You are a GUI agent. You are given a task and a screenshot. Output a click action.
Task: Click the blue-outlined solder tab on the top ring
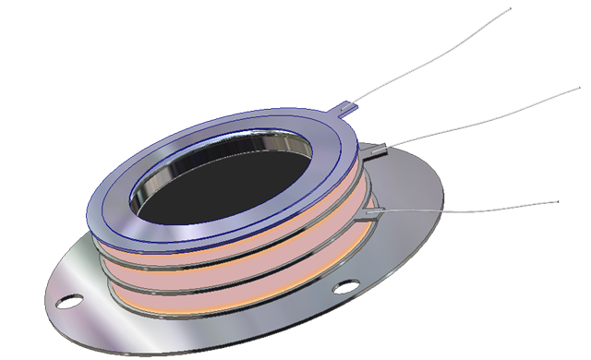[344, 109]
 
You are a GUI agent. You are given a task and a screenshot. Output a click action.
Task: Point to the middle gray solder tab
[375, 148]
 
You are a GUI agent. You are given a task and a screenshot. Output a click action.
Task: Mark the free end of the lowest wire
[557, 200]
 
